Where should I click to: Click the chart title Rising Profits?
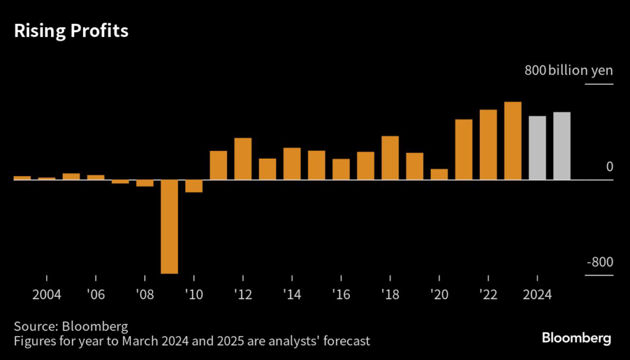(71, 31)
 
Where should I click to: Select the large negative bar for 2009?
(169, 226)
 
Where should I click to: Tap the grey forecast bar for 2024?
(538, 148)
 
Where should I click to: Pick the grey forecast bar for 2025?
(562, 146)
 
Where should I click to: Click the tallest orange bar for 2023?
(513, 141)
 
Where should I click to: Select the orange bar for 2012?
(243, 159)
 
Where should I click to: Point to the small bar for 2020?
(439, 174)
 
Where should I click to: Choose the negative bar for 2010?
(194, 186)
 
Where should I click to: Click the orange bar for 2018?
(390, 158)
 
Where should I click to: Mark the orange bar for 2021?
(464, 150)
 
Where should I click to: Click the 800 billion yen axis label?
(568, 71)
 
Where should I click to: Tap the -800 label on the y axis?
(600, 262)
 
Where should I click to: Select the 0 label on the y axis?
(609, 167)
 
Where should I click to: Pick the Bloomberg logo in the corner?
(576, 338)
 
